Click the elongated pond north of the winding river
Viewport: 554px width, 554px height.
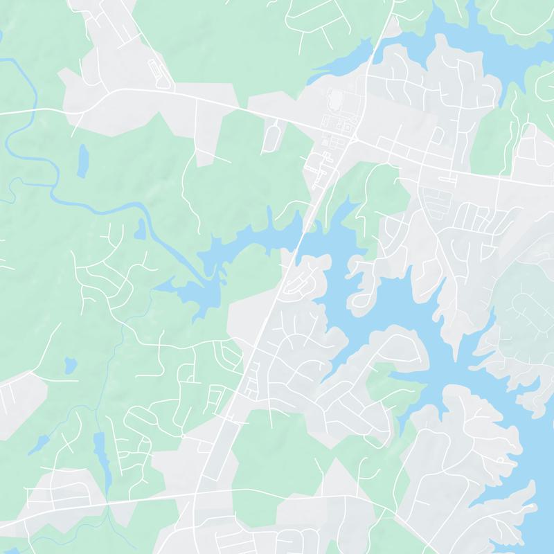83,161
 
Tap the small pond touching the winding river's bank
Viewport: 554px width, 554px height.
141,229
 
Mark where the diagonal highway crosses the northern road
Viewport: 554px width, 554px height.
354,138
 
